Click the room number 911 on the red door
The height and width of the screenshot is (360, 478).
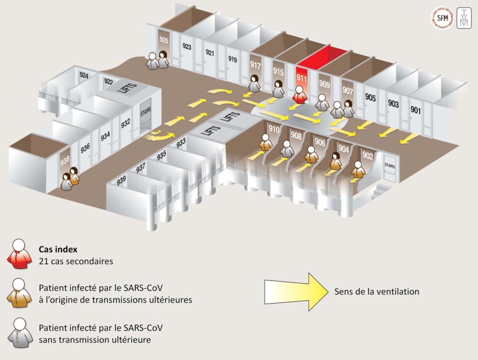pos(302,78)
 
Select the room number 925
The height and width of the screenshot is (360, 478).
pos(164,40)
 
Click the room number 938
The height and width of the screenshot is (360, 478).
pos(65,160)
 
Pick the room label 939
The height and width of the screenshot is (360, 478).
pos(121,180)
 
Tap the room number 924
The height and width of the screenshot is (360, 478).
pos(84,75)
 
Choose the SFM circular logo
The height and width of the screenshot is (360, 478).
pos(442,18)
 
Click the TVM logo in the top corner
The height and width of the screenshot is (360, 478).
pos(464,19)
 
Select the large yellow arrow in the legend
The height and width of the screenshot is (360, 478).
pos(296,292)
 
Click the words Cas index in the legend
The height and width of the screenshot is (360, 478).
pos(58,249)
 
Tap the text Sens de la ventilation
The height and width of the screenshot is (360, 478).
pos(377,291)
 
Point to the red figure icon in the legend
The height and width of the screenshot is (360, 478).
pos(20,254)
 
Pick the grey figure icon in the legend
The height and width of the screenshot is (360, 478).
pos(20,333)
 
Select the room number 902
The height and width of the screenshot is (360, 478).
pos(368,155)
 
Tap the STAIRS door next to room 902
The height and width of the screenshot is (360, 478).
pos(390,168)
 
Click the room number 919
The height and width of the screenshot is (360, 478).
pos(232,59)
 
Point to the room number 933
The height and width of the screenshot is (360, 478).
pos(181,143)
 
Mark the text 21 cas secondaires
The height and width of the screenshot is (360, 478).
pos(76,261)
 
